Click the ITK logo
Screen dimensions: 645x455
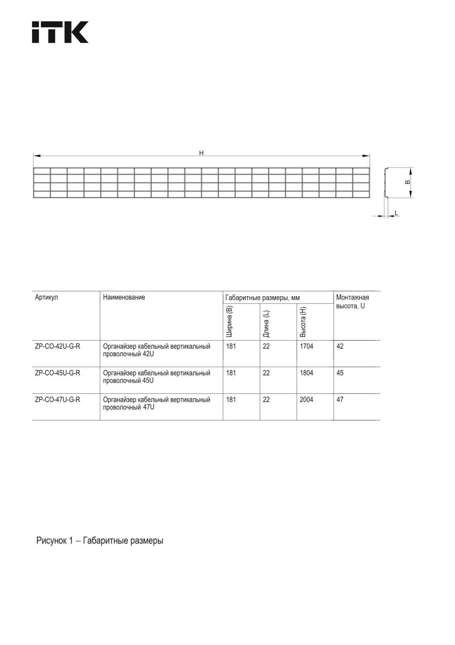click(60, 32)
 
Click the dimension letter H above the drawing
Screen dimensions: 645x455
click(201, 153)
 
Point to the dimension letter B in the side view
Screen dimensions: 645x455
click(408, 182)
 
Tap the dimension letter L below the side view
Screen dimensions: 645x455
click(396, 213)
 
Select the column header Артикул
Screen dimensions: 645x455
click(46, 297)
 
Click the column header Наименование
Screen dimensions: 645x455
click(124, 297)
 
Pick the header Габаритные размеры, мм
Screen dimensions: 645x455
click(262, 298)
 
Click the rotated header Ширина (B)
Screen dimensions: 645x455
click(229, 321)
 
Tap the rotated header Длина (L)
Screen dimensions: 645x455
click(266, 324)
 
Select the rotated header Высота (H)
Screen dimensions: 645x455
click(303, 322)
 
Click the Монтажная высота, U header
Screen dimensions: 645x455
click(352, 302)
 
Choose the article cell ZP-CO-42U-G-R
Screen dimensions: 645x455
click(58, 346)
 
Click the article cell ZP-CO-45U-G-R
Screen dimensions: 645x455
click(58, 373)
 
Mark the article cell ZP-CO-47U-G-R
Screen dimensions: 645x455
click(58, 400)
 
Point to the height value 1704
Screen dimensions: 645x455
click(306, 346)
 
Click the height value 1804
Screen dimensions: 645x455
click(306, 373)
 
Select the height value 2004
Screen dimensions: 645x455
click(306, 400)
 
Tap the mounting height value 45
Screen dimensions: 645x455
click(340, 373)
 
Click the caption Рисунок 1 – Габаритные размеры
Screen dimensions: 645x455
click(100, 541)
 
